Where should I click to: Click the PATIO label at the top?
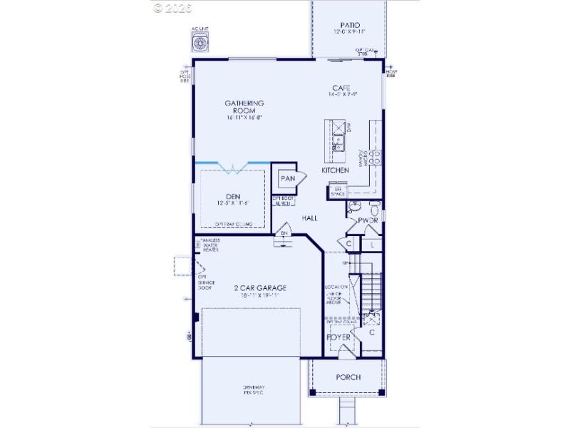pos(350,25)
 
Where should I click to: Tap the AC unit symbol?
pos(200,44)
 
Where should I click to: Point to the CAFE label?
pos(341,88)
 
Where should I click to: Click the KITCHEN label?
pos(335,170)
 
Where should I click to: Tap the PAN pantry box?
pos(287,178)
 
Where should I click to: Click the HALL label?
pos(309,218)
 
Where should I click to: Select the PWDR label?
pos(368,221)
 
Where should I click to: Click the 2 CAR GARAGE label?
pos(260,288)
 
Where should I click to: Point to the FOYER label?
pos(339,337)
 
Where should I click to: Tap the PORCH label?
pos(348,377)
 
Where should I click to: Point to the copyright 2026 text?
pos(172,8)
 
